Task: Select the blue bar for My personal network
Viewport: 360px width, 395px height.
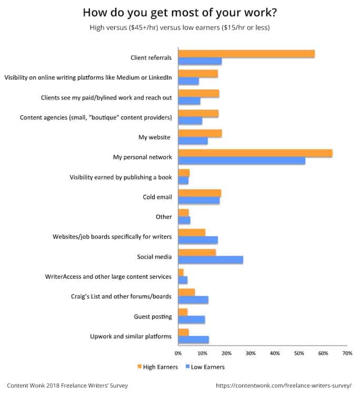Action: point(242,161)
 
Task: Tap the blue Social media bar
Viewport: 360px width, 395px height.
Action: point(211,260)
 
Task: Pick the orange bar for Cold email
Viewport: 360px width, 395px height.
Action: point(199,193)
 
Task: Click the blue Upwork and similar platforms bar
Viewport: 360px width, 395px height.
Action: point(194,340)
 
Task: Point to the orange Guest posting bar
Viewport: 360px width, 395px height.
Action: point(183,312)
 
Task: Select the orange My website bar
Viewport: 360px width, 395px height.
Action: point(200,133)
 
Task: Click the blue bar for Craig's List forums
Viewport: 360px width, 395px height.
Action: point(193,300)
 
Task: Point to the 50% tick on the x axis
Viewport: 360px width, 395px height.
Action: point(298,353)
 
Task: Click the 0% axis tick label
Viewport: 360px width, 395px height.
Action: point(178,353)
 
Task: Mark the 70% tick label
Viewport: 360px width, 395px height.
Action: point(347,353)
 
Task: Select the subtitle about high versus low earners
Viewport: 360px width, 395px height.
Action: point(180,28)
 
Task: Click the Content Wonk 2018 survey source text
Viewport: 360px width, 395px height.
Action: point(67,386)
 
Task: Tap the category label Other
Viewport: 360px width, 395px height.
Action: point(164,216)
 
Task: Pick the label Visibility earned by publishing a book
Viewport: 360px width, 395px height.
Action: point(121,177)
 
